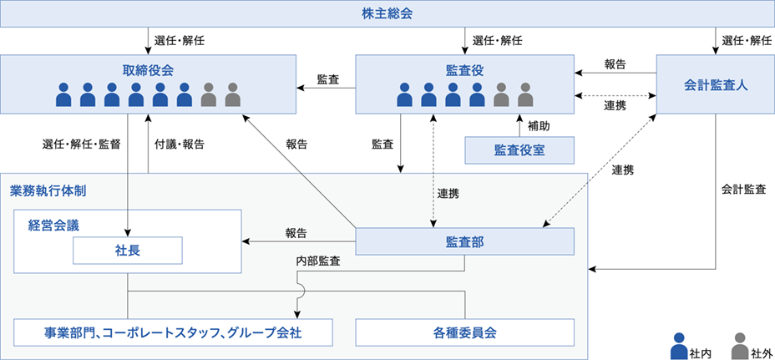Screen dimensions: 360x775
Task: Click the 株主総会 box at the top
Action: click(x=387, y=14)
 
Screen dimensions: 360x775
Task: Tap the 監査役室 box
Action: click(x=519, y=150)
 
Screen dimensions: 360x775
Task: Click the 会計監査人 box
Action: click(x=715, y=84)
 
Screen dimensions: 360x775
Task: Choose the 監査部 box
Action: click(x=464, y=242)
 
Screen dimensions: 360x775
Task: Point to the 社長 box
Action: click(x=128, y=250)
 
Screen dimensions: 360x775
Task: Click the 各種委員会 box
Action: click(x=465, y=332)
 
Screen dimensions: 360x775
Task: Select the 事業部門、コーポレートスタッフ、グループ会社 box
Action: click(x=173, y=332)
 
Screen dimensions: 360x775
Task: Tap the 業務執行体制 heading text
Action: click(x=48, y=190)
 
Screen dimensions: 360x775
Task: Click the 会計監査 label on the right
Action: click(x=743, y=190)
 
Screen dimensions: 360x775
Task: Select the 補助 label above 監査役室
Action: click(x=539, y=126)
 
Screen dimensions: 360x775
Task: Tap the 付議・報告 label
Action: click(x=179, y=144)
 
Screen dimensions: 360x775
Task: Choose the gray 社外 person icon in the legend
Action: click(x=739, y=342)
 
